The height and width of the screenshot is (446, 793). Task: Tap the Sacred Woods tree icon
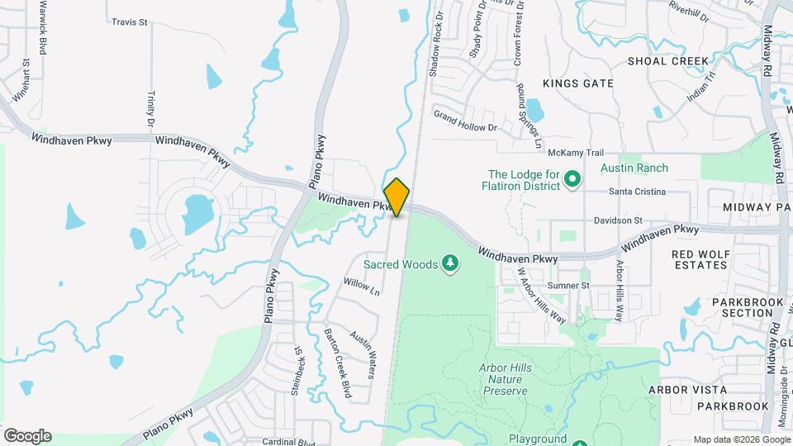(x=450, y=264)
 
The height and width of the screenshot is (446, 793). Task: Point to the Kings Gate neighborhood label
(x=578, y=83)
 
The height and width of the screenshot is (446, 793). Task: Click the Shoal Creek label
(x=668, y=61)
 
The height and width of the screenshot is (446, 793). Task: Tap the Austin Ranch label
(x=634, y=168)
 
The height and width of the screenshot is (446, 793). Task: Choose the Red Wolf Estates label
(x=699, y=259)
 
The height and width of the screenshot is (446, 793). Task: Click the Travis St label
(x=129, y=22)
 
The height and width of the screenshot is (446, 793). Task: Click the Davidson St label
(x=617, y=221)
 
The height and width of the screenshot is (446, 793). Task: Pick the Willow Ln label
(x=361, y=287)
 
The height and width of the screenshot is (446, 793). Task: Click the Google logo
(x=27, y=436)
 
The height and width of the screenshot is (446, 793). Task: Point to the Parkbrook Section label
(x=729, y=307)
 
